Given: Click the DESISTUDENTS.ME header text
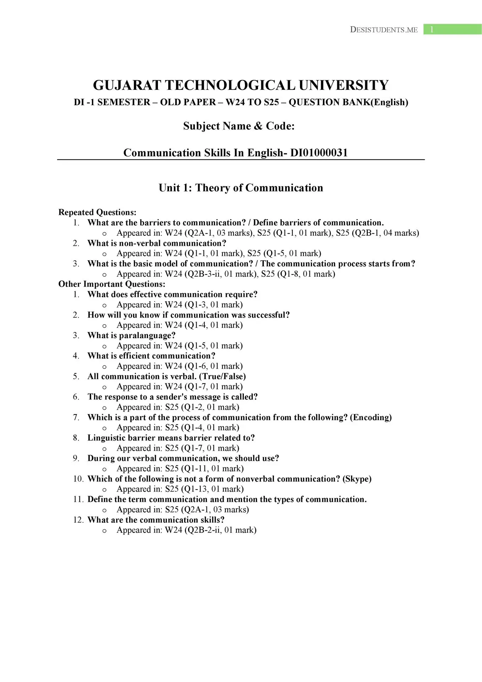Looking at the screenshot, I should [384, 30].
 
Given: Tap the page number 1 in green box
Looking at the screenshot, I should [432, 29].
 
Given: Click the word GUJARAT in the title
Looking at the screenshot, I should [127, 86].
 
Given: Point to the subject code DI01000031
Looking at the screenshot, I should [319, 153].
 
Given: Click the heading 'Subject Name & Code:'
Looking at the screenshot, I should [239, 126].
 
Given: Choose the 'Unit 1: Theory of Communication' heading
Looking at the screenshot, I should [241, 188].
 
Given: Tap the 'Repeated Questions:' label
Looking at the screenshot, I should [97, 212].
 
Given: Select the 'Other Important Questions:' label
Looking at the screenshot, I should [112, 284].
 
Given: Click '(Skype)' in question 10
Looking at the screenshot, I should [357, 479].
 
